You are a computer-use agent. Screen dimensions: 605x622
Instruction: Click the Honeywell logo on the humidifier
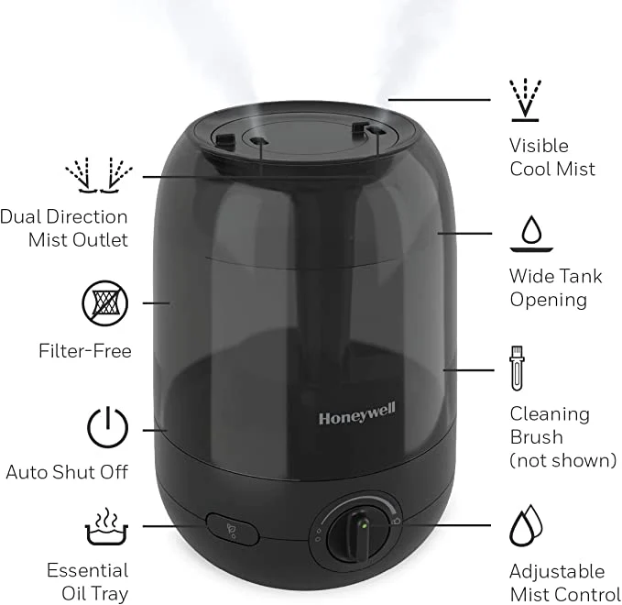pos(356,418)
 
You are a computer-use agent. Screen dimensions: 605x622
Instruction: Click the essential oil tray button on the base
pos(231,529)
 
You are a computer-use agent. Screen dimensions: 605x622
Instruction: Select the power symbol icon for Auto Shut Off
pos(106,427)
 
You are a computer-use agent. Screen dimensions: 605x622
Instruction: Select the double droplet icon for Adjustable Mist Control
pos(526,527)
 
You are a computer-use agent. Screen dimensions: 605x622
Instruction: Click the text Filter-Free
pos(85,351)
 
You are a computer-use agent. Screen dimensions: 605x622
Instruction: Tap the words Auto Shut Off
pos(67,473)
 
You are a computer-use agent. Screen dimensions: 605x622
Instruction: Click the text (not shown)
pos(563,460)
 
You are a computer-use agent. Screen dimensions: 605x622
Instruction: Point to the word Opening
pos(549,300)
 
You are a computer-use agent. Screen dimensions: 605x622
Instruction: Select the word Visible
pos(539,145)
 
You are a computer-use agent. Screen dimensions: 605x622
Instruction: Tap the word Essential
pos(88,570)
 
